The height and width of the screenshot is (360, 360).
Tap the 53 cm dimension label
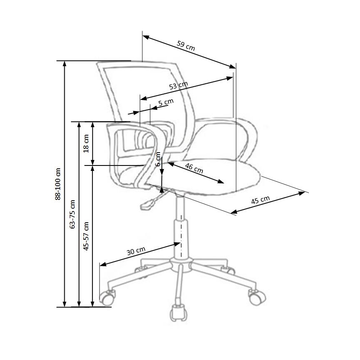[x=179, y=86]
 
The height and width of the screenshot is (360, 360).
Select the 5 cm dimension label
[x=165, y=102]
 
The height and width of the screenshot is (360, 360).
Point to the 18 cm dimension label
[x=86, y=143]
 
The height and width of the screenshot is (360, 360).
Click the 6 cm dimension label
[x=158, y=159]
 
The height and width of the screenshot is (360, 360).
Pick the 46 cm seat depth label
[x=194, y=168]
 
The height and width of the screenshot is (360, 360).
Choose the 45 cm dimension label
[x=260, y=200]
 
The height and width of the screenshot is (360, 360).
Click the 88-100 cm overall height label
[x=58, y=184]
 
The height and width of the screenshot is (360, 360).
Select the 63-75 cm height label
[x=73, y=214]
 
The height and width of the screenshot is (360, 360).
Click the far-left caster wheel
[x=108, y=297]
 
